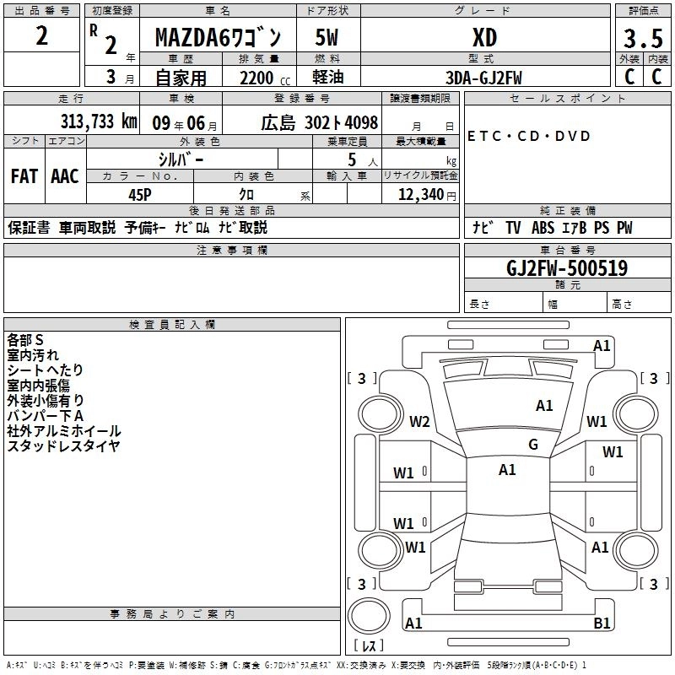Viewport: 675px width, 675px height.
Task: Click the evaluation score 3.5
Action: (641, 39)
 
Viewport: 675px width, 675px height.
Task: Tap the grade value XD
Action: (484, 38)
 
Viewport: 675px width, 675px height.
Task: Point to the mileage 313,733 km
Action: (99, 121)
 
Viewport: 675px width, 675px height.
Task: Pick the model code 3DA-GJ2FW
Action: (484, 78)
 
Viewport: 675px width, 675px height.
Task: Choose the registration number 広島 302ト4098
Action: (319, 122)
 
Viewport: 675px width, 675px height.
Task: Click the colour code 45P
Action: (140, 193)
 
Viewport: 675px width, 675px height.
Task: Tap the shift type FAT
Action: (24, 176)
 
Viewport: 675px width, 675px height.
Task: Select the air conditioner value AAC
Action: (65, 176)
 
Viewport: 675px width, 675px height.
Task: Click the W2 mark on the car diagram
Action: (419, 422)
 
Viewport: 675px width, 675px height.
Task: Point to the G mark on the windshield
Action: (532, 445)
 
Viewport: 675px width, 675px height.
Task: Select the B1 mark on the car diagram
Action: (602, 624)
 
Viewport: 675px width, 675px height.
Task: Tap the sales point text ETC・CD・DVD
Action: (529, 137)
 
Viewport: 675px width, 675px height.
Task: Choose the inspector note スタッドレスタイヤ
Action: (63, 446)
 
